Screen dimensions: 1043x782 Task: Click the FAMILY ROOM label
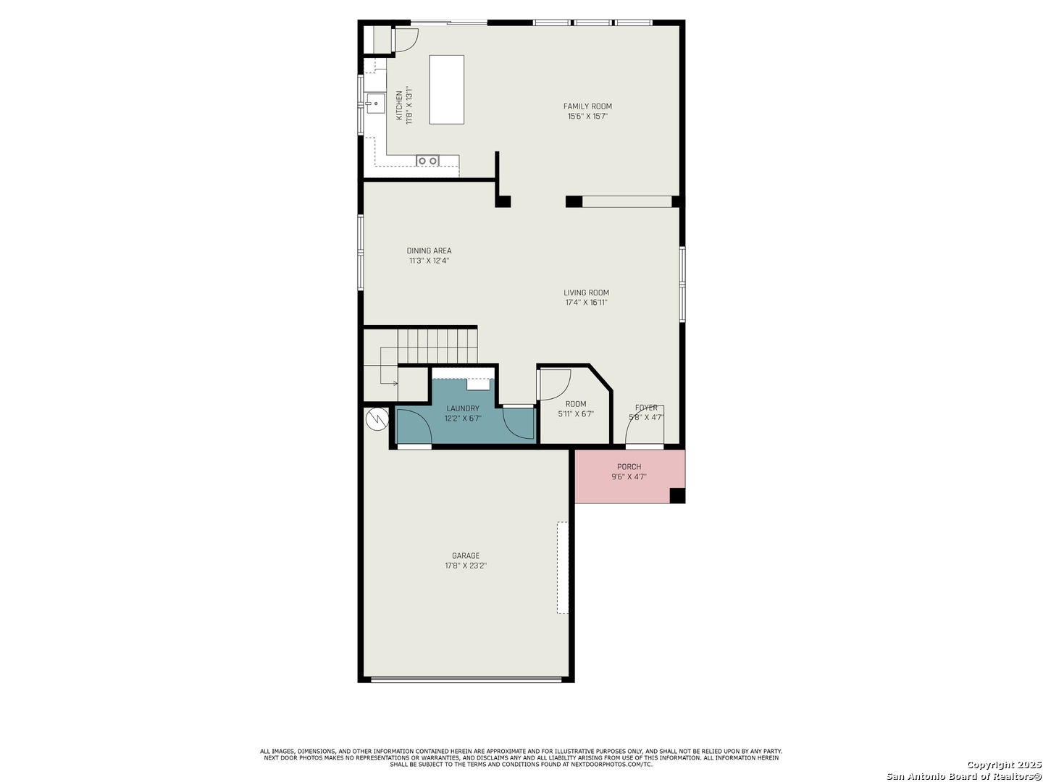click(x=587, y=106)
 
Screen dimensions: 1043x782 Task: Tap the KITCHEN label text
click(x=399, y=105)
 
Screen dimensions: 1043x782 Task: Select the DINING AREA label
click(x=429, y=251)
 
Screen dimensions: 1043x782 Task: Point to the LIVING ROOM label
click(x=587, y=293)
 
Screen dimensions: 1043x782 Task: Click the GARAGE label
click(x=466, y=555)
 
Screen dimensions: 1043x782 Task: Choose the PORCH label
click(x=629, y=467)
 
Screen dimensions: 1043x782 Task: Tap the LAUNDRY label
click(x=463, y=408)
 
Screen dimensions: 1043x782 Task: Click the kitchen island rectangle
click(x=447, y=89)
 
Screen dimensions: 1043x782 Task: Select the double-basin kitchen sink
click(x=427, y=161)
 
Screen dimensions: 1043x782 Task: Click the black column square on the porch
click(x=677, y=495)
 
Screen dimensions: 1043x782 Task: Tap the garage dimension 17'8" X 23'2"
click(x=466, y=566)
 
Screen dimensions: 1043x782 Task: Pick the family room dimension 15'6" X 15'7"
click(x=587, y=117)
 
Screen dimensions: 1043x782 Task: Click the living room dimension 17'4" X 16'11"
click(x=587, y=303)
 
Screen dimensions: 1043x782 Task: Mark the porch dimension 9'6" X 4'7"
click(x=629, y=476)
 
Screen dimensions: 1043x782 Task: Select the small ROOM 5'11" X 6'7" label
click(x=576, y=409)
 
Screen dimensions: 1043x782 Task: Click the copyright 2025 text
click(x=1004, y=765)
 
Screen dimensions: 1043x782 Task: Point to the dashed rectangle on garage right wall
click(x=563, y=568)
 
